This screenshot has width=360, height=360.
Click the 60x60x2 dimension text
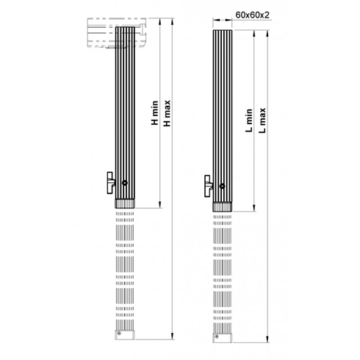252,14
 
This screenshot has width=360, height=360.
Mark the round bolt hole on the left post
127,184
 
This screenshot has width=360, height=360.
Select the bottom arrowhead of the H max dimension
171,336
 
